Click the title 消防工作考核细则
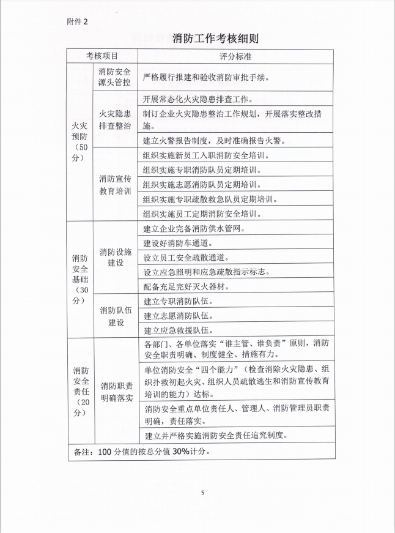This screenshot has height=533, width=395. click(x=216, y=39)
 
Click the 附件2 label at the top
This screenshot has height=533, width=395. click(x=77, y=21)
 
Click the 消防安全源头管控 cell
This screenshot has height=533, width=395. click(x=115, y=77)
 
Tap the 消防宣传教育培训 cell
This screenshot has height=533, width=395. click(x=115, y=185)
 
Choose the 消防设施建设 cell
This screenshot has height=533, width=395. click(x=115, y=256)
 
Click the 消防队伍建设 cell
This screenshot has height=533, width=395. click(x=115, y=316)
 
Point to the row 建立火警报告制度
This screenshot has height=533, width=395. click(x=214, y=141)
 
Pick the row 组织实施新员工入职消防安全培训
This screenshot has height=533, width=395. click(x=207, y=155)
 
